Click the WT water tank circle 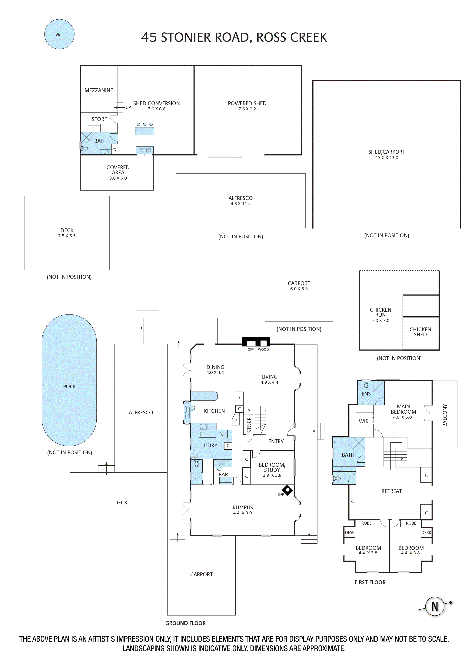[x=59, y=34]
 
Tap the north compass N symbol [x=435, y=606]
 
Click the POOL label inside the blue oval [x=70, y=386]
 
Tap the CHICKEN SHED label [x=420, y=332]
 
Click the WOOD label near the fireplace [x=263, y=350]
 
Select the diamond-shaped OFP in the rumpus [x=287, y=490]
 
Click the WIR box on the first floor [x=364, y=421]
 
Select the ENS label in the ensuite [x=366, y=394]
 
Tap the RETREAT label [x=391, y=491]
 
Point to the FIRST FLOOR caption [x=370, y=582]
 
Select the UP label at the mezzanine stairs [x=128, y=107]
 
